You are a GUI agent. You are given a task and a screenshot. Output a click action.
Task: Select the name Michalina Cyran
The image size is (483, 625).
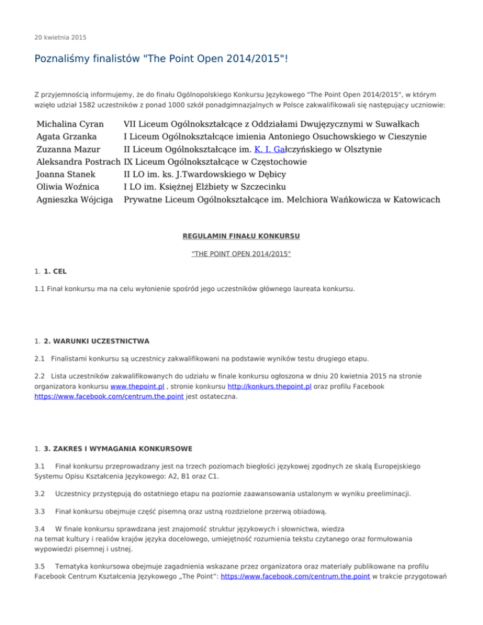coord(70,124)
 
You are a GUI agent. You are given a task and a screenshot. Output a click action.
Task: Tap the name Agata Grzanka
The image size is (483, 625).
coord(66,137)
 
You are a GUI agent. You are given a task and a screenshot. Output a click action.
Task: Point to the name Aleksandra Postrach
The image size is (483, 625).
coord(79,162)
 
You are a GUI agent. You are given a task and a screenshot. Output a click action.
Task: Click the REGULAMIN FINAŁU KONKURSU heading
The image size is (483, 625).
coord(241,236)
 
